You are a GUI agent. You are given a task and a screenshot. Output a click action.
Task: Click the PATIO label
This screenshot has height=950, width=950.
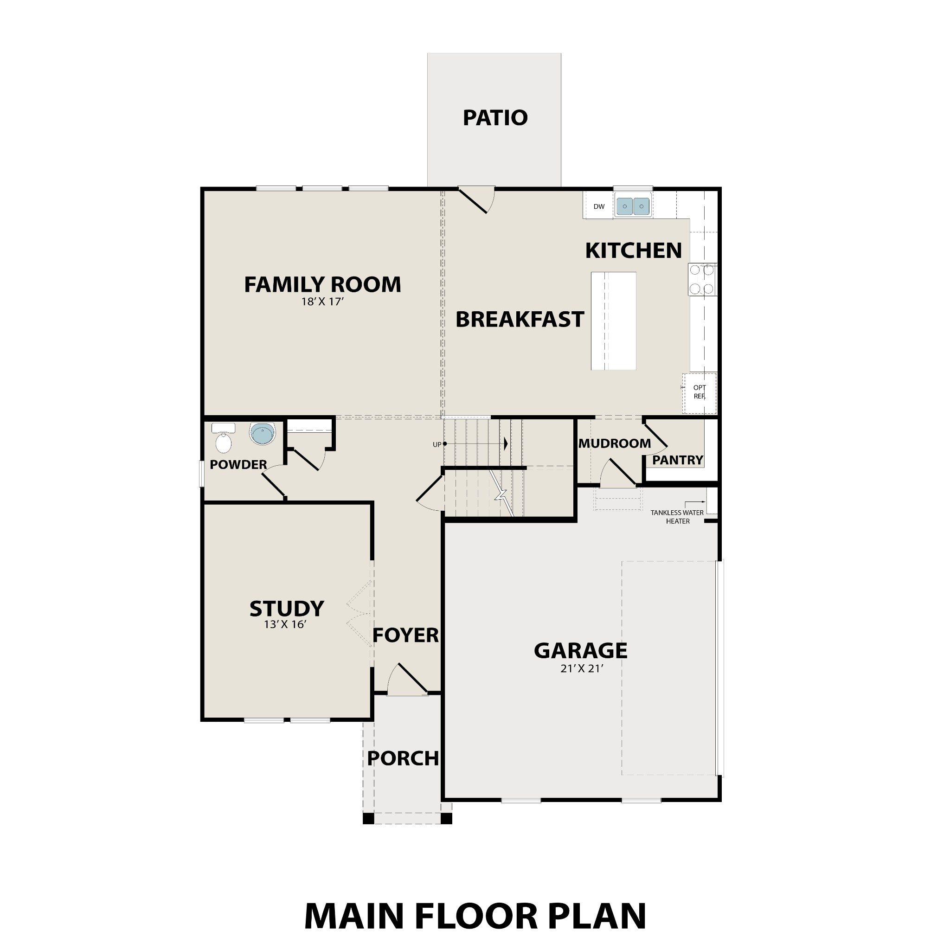tap(494, 117)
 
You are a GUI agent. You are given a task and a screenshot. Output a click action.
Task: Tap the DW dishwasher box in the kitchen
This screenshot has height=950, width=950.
tap(598, 206)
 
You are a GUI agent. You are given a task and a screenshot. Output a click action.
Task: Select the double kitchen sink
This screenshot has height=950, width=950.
tap(633, 206)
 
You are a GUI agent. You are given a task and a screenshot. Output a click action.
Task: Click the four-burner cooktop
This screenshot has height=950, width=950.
tap(702, 279)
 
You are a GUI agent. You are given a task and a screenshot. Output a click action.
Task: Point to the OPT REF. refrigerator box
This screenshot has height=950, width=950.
tap(699, 392)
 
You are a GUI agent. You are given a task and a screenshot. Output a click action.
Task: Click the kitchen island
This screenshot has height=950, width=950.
tap(613, 321)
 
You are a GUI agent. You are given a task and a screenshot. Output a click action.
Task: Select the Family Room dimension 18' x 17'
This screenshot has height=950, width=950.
tap(322, 302)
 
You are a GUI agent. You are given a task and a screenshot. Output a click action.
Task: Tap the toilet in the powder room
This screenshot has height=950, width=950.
tap(223, 440)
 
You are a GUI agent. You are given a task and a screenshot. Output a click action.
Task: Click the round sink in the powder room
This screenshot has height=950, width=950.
tap(262, 434)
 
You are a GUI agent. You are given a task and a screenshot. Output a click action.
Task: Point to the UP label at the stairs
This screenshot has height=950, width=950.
tap(436, 444)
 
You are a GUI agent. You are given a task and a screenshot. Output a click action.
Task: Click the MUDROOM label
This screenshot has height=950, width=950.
tap(614, 443)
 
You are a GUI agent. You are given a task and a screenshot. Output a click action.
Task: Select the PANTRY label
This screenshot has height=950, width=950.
tap(677, 460)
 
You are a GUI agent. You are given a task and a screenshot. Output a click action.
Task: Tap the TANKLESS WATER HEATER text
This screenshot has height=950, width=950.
tap(677, 517)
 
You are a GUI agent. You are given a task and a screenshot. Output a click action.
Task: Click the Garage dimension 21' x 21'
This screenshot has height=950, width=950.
tap(581, 669)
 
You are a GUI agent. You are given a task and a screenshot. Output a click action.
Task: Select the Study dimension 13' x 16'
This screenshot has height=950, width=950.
tap(285, 624)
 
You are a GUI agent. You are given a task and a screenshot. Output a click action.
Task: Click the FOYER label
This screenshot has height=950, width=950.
tap(405, 635)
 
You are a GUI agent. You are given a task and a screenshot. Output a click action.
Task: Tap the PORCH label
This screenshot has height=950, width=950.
tap(403, 759)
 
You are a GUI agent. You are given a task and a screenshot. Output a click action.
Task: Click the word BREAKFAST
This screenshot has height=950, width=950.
tap(519, 320)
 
